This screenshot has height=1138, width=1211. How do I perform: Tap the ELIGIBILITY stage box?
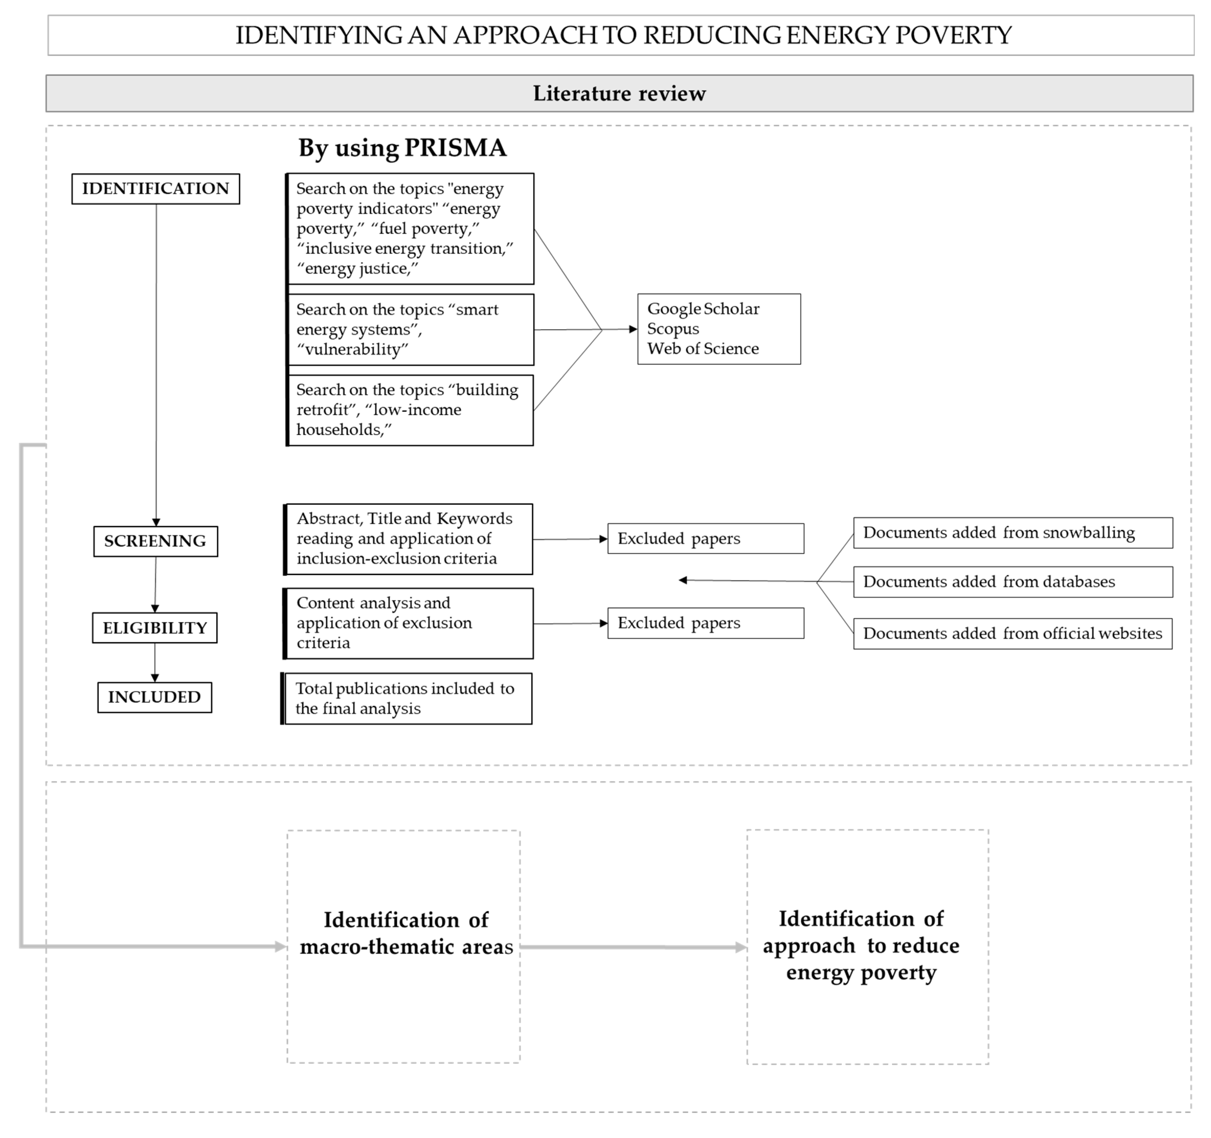tap(155, 627)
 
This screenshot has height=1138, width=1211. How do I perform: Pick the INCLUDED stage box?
tap(155, 697)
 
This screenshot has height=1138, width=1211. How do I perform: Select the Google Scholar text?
tap(703, 309)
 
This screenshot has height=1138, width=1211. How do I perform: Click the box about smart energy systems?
tap(410, 330)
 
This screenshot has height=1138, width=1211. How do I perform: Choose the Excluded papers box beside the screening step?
tap(705, 539)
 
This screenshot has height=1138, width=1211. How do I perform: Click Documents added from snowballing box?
tap(1013, 533)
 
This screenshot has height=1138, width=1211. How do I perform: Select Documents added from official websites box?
tap(1013, 634)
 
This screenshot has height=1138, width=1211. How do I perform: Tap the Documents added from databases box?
tap(1013, 582)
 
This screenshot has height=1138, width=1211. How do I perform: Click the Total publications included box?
tap(407, 699)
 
